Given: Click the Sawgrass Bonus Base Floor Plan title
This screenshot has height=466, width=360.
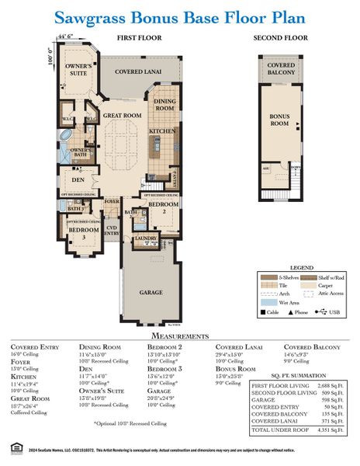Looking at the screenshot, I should point(180,17).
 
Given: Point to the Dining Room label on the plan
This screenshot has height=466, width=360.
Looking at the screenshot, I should point(165,105).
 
